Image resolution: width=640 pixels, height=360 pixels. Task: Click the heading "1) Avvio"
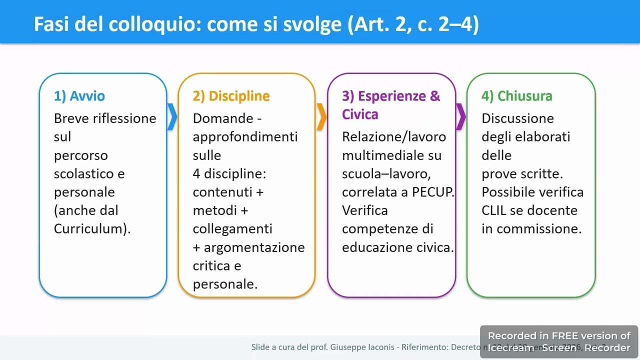pyautogui.click(x=79, y=96)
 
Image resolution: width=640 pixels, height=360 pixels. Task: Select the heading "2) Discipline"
pyautogui.click(x=231, y=96)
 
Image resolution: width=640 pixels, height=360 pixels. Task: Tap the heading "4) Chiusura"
pyautogui.click(x=517, y=96)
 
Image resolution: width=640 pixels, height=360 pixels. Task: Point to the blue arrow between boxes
pyautogui.click(x=172, y=117)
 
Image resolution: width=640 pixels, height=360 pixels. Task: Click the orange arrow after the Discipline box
pyautogui.click(x=321, y=117)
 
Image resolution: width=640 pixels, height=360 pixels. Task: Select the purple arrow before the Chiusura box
pyautogui.click(x=461, y=117)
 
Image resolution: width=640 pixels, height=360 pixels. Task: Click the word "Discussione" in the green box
pyautogui.click(x=517, y=118)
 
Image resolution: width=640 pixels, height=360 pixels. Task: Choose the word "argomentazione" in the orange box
pyautogui.click(x=254, y=247)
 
